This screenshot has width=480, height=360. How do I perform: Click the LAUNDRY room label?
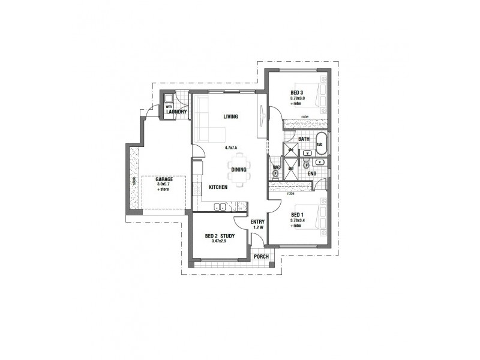click(x=176, y=112)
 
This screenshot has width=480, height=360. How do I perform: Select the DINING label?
click(x=238, y=170)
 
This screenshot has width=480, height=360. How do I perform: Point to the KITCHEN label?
click(x=218, y=188)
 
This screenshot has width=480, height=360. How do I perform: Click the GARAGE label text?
click(x=164, y=179)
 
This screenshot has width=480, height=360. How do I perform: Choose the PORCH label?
click(x=261, y=256)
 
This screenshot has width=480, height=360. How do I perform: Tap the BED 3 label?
click(x=296, y=92)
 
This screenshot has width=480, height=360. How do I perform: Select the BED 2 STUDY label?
click(x=219, y=236)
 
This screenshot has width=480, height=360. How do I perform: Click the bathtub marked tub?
click(x=320, y=144)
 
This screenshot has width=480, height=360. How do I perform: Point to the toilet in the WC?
click(x=275, y=174)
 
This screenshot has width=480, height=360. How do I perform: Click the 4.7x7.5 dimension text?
click(x=231, y=147)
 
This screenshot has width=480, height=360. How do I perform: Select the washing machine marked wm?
click(x=169, y=107)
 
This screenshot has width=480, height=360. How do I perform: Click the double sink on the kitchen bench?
click(x=220, y=207)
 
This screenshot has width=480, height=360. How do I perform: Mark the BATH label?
click(x=304, y=139)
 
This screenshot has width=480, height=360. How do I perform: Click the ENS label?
click(x=311, y=174)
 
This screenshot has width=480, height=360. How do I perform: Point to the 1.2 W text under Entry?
click(x=259, y=227)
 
